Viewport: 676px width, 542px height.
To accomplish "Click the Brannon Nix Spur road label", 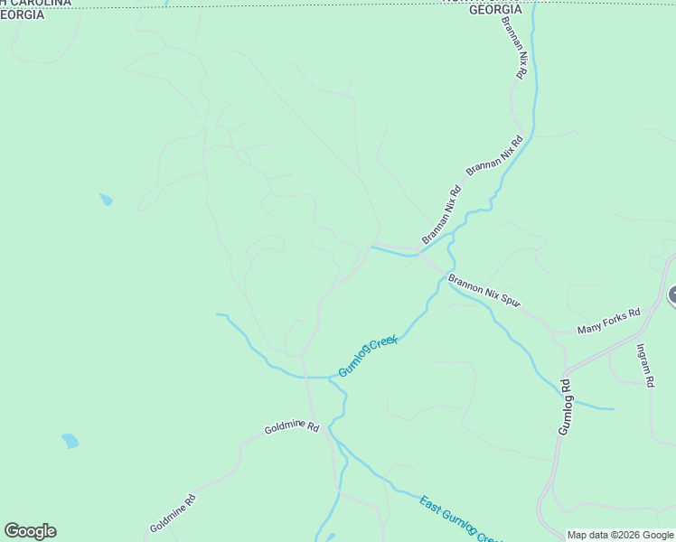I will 484,292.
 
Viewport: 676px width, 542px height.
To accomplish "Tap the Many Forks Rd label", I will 608,320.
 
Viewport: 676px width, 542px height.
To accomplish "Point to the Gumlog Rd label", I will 565,406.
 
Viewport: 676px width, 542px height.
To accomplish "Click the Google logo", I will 30,531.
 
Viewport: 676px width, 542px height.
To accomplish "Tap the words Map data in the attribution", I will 587,536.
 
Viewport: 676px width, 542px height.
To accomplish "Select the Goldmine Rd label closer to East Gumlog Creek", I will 292,427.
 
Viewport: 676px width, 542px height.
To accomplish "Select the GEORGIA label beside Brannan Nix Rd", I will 494,9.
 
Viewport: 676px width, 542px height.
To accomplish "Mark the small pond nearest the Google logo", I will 70,441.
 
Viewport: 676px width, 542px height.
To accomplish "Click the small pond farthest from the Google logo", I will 107,200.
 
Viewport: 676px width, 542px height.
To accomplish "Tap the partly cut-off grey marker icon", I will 672,295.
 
